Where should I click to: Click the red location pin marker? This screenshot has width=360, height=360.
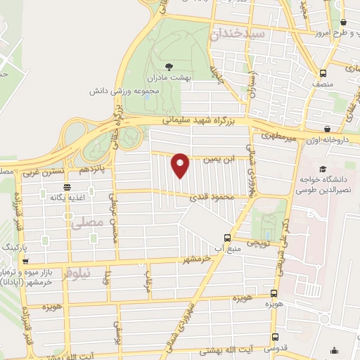pyautogui.click(x=181, y=165)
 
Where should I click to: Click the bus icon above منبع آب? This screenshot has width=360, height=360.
pyautogui.click(x=226, y=238)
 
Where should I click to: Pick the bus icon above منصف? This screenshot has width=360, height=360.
pyautogui.click(x=323, y=73)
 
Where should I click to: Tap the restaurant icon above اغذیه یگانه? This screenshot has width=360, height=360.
pyautogui.click(x=67, y=187)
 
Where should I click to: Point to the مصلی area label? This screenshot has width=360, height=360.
pyautogui.click(x=88, y=224)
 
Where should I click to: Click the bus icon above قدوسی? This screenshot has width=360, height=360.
pyautogui.click(x=275, y=337)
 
